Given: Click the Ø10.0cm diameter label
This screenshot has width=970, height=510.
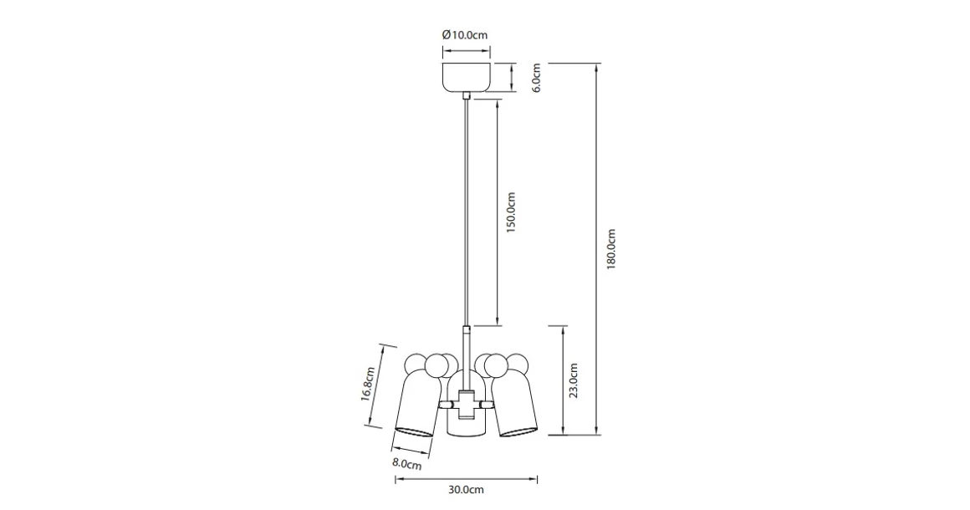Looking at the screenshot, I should coord(464,35).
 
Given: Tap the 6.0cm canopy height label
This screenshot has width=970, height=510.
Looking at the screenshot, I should coord(537,78).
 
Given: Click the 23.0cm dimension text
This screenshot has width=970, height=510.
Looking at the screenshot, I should coord(574,380).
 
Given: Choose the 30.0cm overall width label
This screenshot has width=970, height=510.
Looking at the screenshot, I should coord(466,490).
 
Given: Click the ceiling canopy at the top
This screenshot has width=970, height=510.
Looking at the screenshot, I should coord(466,77).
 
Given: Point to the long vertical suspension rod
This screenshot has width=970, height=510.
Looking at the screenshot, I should coord(466,209).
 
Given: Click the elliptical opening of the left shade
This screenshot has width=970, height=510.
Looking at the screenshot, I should coord(413,431).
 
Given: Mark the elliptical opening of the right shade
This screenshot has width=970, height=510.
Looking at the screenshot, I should coord(518,431).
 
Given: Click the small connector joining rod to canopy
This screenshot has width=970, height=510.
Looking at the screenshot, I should coord(466,98).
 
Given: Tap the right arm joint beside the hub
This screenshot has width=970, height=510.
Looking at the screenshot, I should coord(486,404).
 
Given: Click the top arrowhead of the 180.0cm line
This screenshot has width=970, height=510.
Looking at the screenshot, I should coord(596,66).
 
